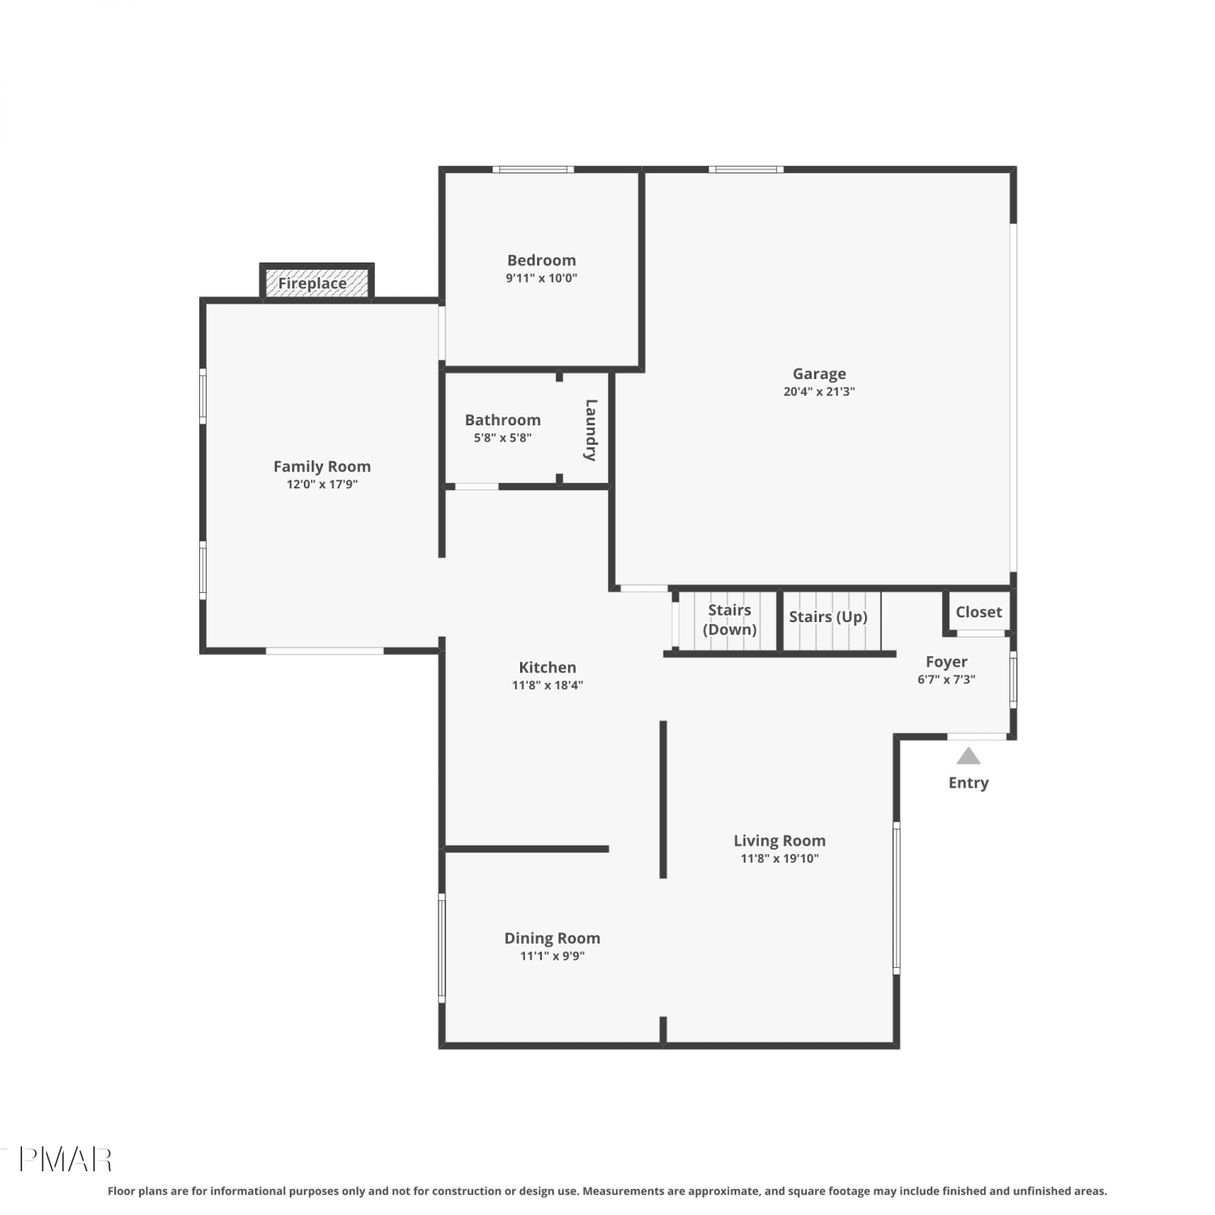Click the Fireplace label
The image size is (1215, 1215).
(312, 283)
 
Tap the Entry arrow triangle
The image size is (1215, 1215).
(968, 757)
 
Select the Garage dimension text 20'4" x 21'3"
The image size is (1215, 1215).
(819, 391)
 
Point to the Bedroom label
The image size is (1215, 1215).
(541, 260)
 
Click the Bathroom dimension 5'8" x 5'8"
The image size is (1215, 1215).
(502, 437)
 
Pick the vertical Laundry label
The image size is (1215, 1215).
(591, 430)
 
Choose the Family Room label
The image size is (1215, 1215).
(322, 467)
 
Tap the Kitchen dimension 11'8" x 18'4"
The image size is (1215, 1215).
(548, 685)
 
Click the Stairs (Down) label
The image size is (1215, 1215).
(729, 620)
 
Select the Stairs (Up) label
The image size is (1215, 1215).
(828, 617)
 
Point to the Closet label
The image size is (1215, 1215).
(978, 612)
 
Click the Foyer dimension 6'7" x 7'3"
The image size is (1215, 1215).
(946, 680)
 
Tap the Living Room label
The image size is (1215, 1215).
(779, 841)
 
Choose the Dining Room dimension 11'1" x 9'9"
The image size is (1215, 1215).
(552, 956)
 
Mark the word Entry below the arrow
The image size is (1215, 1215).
(968, 783)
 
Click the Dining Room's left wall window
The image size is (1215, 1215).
(441, 948)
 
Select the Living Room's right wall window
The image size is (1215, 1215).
(896, 897)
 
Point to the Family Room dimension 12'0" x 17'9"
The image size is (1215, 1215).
(322, 484)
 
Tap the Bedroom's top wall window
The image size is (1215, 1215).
(533, 169)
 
